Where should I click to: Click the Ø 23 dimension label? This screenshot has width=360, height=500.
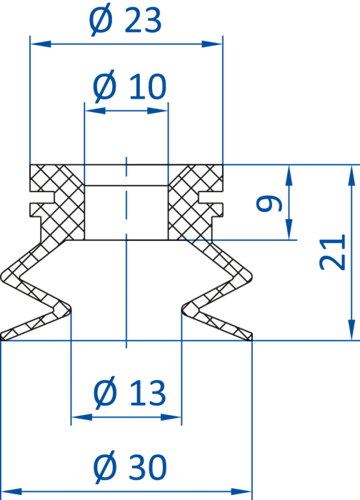click(x=125, y=20)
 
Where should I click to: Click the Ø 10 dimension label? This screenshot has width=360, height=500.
click(x=129, y=86)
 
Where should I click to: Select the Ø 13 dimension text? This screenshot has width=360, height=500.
click(x=129, y=392)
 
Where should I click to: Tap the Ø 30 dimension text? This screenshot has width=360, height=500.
click(x=130, y=467)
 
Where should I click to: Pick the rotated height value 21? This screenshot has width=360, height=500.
click(x=332, y=252)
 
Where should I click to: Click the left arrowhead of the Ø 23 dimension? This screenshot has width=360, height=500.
click(x=41, y=44)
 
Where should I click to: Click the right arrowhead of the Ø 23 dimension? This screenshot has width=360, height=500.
click(x=212, y=44)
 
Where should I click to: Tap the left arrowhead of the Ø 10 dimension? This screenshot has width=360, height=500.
click(x=95, y=111)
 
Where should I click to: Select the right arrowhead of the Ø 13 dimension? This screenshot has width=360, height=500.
click(x=171, y=417)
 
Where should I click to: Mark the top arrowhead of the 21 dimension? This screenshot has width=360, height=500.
click(x=351, y=176)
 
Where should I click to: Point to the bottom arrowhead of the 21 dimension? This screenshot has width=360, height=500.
click(x=351, y=330)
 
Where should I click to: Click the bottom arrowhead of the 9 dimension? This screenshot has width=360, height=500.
click(x=289, y=229)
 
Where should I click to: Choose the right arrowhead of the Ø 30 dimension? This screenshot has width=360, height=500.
click(x=241, y=491)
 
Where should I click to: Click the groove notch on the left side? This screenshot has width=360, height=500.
click(x=42, y=197)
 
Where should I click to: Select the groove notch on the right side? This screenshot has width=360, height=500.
click(x=211, y=197)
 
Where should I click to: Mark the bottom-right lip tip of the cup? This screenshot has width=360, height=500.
click(x=251, y=338)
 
